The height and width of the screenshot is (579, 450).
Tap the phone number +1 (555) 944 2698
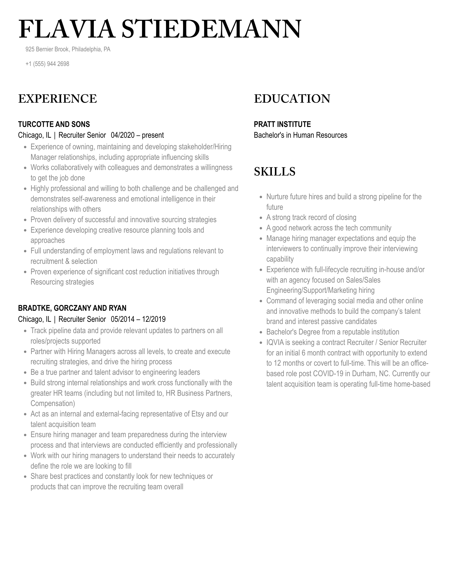47,64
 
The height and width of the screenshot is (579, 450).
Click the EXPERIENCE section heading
58,99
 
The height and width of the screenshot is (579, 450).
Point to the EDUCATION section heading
292,99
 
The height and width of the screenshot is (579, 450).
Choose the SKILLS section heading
275,172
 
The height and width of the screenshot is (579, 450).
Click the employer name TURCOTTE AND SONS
54,124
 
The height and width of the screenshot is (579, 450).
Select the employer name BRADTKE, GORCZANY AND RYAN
72,308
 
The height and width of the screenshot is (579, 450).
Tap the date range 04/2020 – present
137,135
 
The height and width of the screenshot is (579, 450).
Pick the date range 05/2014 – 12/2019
138,319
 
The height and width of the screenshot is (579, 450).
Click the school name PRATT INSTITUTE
282,124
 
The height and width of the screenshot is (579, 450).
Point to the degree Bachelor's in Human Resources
301,135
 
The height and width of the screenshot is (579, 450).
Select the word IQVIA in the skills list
275,342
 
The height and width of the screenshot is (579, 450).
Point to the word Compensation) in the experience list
53,403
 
